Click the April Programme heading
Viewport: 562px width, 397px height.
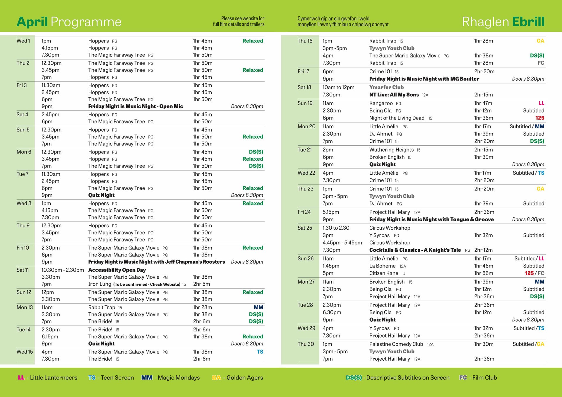(x=69, y=22)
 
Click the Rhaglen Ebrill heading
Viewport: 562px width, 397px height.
(x=503, y=22)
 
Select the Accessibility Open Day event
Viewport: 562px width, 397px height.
(x=117, y=270)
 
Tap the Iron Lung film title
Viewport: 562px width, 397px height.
(x=100, y=284)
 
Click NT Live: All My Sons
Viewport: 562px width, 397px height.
(x=394, y=95)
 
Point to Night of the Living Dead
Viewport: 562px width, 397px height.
(x=397, y=118)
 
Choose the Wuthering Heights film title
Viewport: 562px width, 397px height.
(x=391, y=150)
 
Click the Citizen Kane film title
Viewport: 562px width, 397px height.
(x=383, y=273)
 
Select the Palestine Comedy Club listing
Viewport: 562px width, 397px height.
(x=396, y=344)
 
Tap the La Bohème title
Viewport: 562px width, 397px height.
(x=382, y=266)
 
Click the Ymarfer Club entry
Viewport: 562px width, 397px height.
(x=386, y=87)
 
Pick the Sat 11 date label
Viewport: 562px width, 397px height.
(x=23, y=270)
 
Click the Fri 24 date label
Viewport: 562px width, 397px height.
(x=304, y=212)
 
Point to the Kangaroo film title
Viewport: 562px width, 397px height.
(x=381, y=103)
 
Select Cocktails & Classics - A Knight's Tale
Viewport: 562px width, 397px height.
(x=415, y=250)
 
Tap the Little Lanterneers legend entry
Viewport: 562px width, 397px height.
(x=48, y=378)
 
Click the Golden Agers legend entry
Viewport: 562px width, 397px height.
(x=237, y=378)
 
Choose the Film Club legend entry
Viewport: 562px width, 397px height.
(x=478, y=378)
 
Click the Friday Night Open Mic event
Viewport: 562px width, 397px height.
(x=136, y=106)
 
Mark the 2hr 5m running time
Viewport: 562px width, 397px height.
(x=201, y=284)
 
